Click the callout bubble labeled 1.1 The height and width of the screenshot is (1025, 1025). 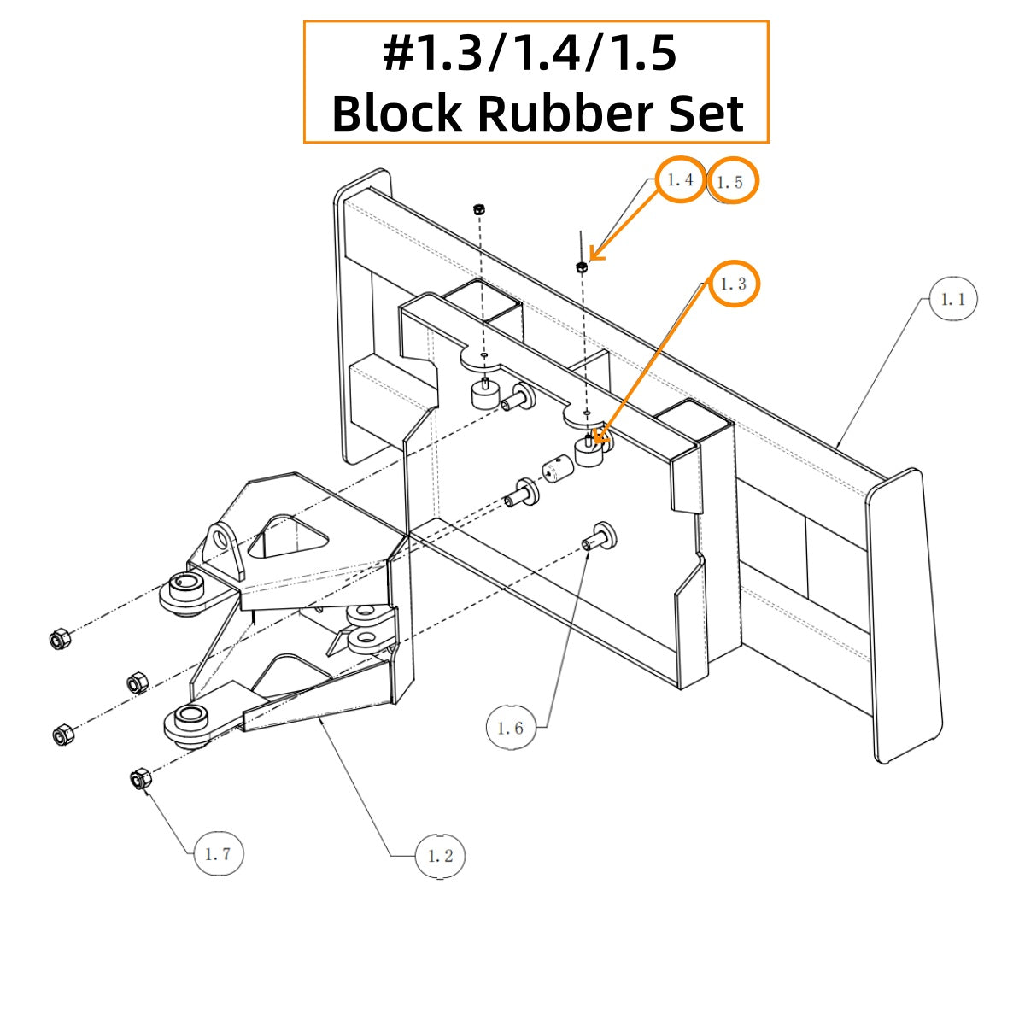(x=952, y=300)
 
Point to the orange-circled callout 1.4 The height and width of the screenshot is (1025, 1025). (x=680, y=179)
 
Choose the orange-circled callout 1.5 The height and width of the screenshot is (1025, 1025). (x=734, y=181)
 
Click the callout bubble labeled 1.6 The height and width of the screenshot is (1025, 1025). (x=511, y=727)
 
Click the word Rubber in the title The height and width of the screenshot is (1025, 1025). (x=565, y=113)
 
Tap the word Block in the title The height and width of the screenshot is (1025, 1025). (x=397, y=113)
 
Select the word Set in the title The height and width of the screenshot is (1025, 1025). (x=706, y=113)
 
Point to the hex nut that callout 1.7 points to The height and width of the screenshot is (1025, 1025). (x=142, y=780)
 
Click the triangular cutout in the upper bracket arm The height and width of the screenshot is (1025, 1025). (x=288, y=536)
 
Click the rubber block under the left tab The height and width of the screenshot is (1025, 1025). (x=484, y=394)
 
